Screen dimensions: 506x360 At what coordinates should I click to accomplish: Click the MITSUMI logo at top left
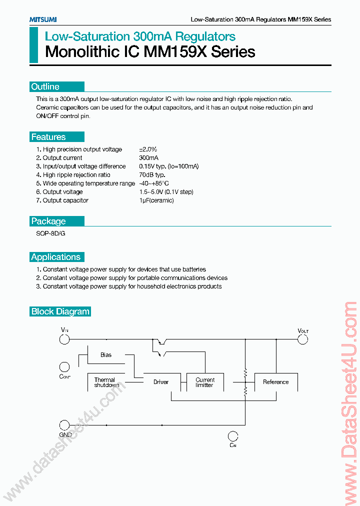(x=42, y=19)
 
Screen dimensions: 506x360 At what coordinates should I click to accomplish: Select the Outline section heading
(x=45, y=86)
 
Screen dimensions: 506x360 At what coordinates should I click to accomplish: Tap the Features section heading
(x=48, y=137)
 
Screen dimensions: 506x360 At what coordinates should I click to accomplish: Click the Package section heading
(x=48, y=221)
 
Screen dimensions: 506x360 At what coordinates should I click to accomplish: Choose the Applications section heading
(x=55, y=257)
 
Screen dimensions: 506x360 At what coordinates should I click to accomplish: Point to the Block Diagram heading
(x=60, y=311)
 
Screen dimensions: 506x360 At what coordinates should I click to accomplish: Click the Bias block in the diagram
(x=106, y=355)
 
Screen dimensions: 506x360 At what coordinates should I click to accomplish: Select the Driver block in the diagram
(x=161, y=382)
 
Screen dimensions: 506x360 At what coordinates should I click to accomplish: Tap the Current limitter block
(x=205, y=382)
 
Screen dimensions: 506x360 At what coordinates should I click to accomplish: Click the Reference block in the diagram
(x=276, y=382)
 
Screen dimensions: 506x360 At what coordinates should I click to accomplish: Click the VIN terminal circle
(x=64, y=340)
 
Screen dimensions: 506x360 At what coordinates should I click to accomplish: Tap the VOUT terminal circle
(x=302, y=340)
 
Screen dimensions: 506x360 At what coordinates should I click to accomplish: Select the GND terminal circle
(x=64, y=425)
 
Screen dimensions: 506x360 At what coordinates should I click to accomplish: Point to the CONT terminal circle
(x=64, y=366)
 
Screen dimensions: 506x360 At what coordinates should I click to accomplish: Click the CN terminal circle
(x=232, y=435)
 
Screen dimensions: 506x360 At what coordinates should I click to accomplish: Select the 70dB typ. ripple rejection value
(x=152, y=175)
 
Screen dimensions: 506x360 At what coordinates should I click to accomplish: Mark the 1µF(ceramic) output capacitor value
(x=156, y=200)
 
